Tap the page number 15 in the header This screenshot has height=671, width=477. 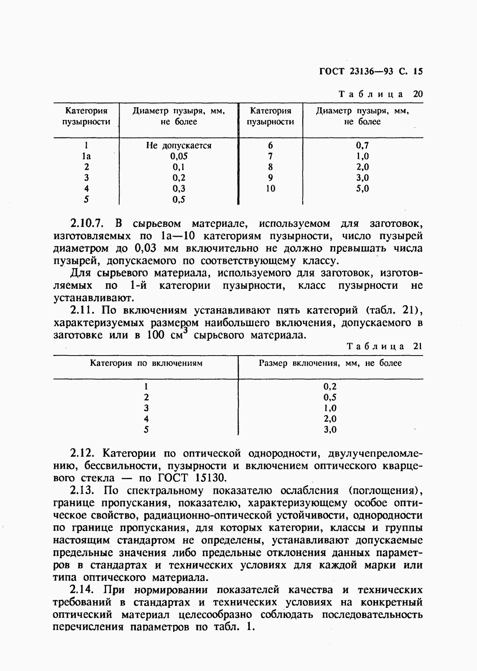417,72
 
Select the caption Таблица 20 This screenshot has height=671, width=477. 380,94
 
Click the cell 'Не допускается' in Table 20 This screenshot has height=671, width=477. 179,145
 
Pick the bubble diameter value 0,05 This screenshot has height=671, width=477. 179,156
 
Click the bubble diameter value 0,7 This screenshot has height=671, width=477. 362,145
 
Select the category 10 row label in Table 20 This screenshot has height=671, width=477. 270,188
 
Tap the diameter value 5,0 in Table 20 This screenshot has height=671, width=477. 362,188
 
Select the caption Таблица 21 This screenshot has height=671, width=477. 384,346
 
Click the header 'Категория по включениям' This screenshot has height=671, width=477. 146,363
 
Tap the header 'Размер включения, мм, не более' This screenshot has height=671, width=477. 330,363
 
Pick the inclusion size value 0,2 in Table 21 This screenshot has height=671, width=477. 330,386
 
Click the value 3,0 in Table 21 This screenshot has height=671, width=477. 330,429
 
